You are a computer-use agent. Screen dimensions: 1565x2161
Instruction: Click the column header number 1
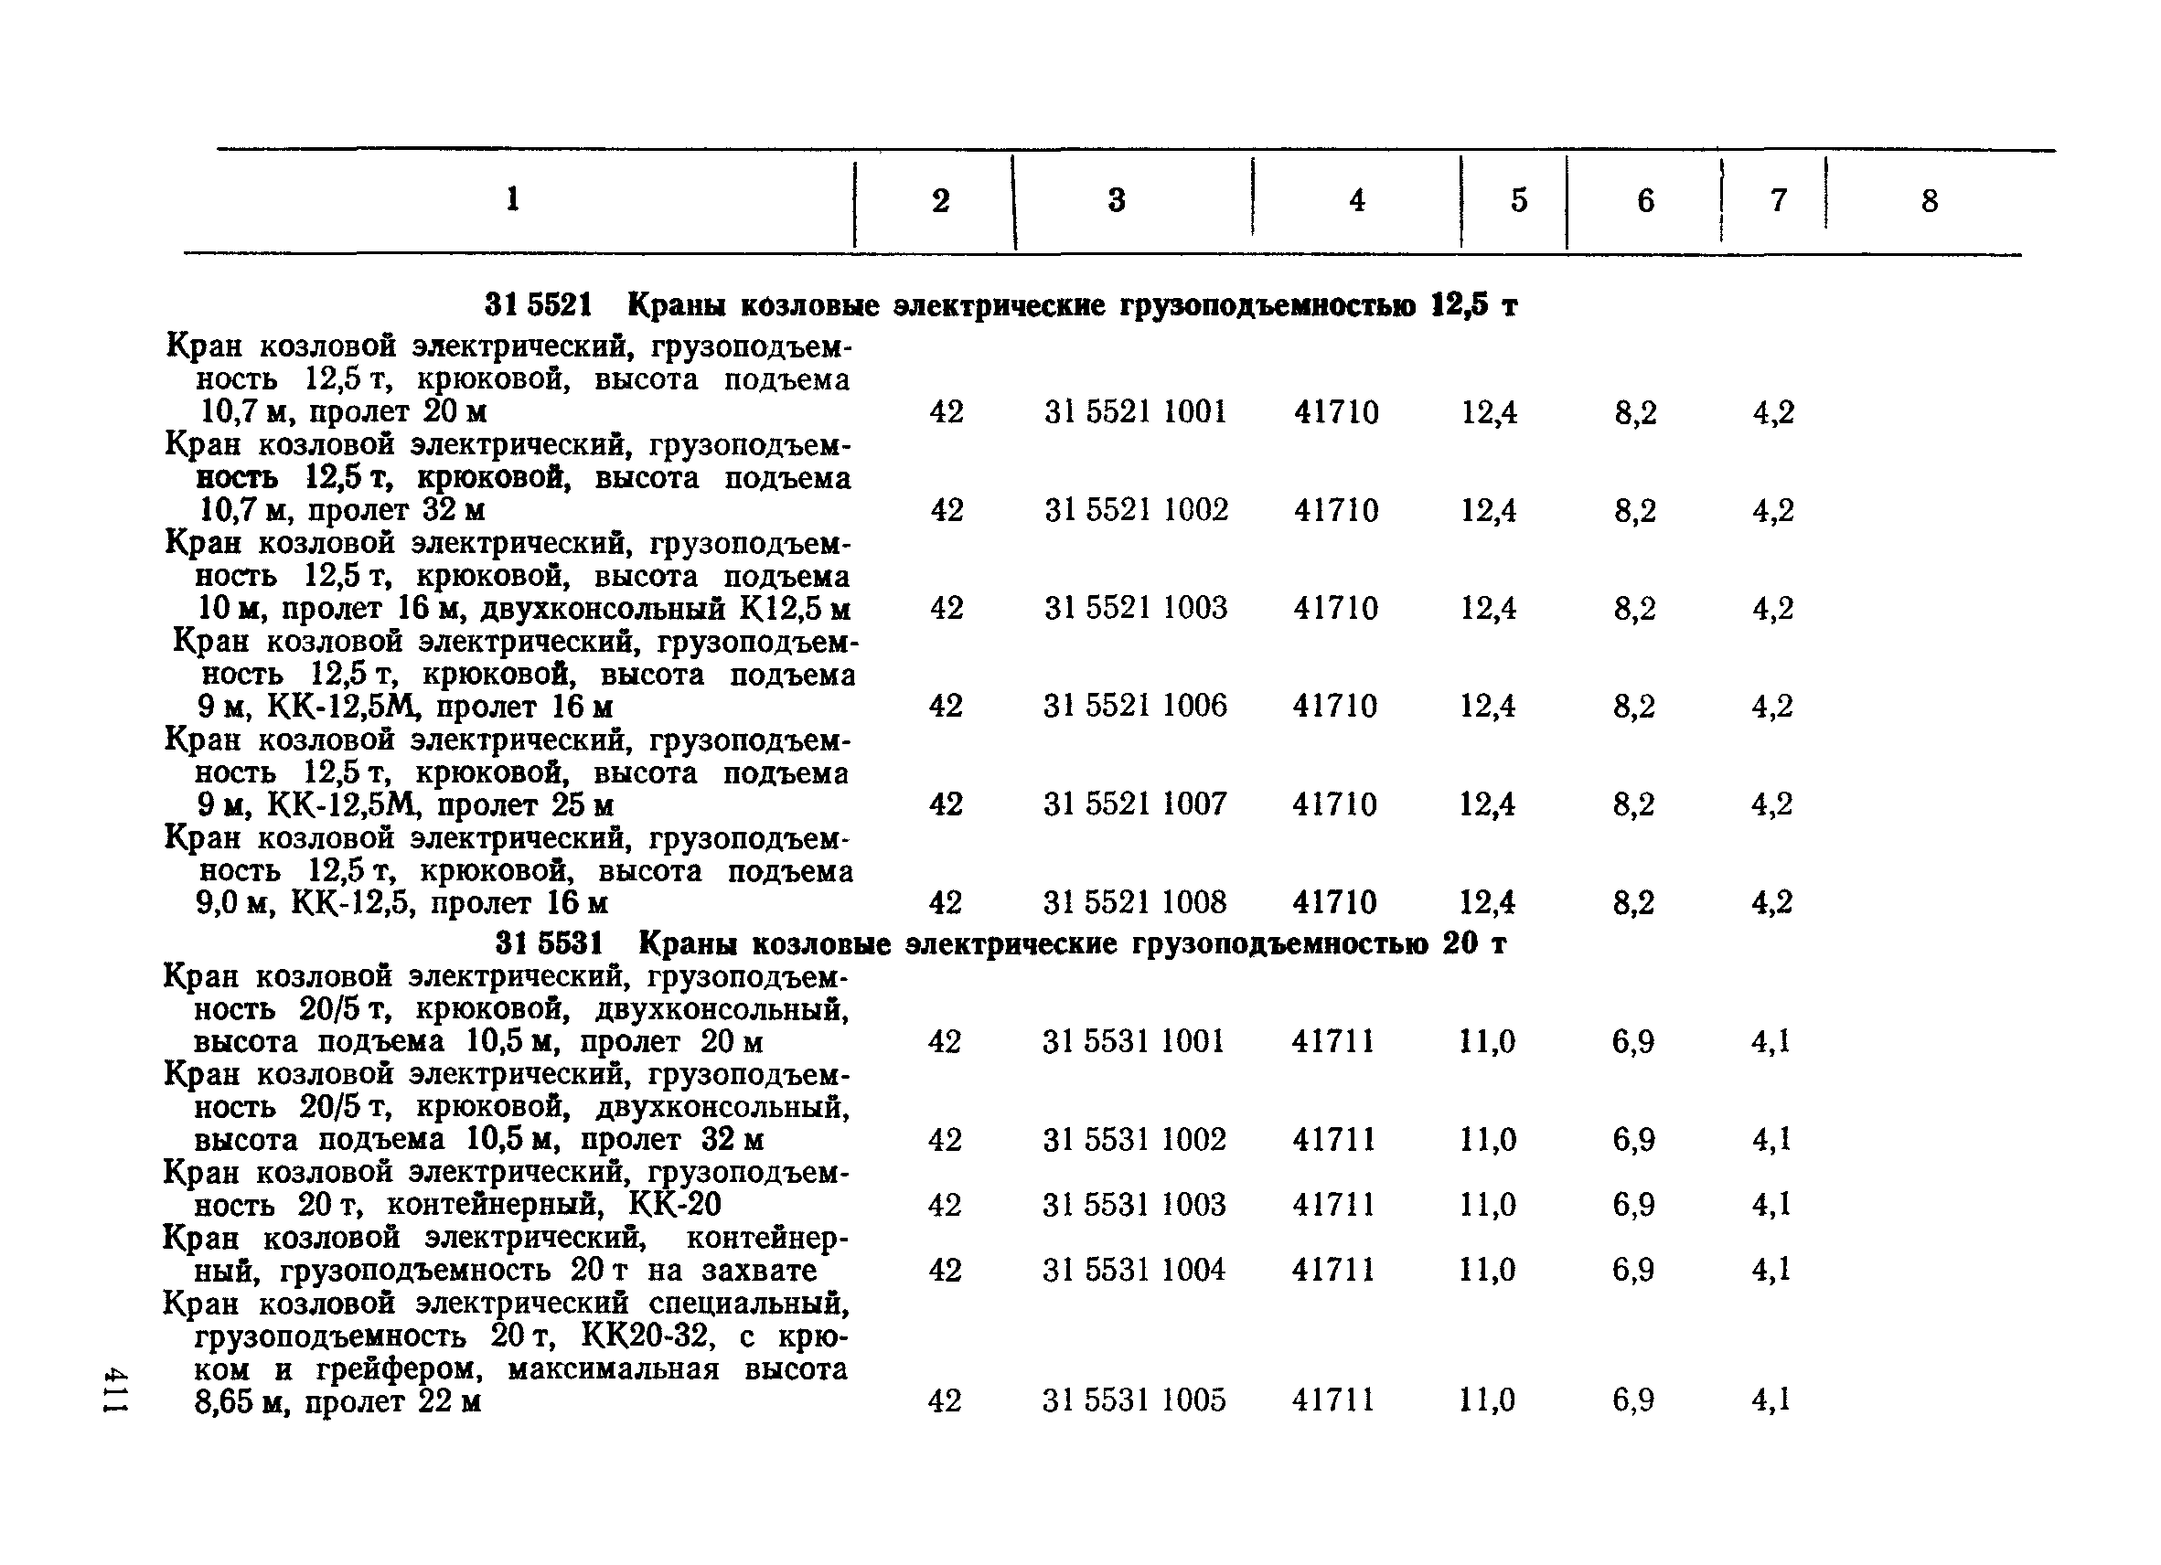click(x=513, y=199)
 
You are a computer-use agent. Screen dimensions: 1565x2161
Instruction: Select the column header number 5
click(x=1519, y=200)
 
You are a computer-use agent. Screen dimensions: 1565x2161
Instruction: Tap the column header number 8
click(x=1930, y=201)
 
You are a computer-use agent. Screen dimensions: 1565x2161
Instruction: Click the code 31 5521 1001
click(x=1135, y=412)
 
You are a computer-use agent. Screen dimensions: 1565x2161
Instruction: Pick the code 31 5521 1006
click(x=1135, y=706)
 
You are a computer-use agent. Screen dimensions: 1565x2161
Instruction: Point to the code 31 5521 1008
click(x=1135, y=902)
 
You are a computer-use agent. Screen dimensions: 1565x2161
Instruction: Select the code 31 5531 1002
click(x=1134, y=1139)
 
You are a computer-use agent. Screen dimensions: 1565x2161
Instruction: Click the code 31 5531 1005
click(x=1134, y=1400)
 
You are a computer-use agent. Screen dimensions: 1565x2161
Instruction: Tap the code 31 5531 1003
click(x=1134, y=1205)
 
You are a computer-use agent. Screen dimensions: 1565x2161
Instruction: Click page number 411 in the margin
click(x=116, y=1389)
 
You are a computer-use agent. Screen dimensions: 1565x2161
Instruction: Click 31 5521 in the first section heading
click(x=539, y=305)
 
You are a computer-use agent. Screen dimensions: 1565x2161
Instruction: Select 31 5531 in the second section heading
click(x=550, y=944)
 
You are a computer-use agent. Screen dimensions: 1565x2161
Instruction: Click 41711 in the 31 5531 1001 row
click(x=1333, y=1041)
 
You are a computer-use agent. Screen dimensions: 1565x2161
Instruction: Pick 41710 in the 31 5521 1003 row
click(x=1335, y=608)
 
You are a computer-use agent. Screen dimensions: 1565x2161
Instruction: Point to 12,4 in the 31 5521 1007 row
click(x=1487, y=804)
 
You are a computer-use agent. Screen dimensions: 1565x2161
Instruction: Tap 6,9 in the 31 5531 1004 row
click(x=1633, y=1270)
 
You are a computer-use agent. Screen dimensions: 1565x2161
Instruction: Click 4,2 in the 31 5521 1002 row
click(x=1773, y=511)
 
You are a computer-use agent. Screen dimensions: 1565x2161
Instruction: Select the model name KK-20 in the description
click(x=676, y=1205)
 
